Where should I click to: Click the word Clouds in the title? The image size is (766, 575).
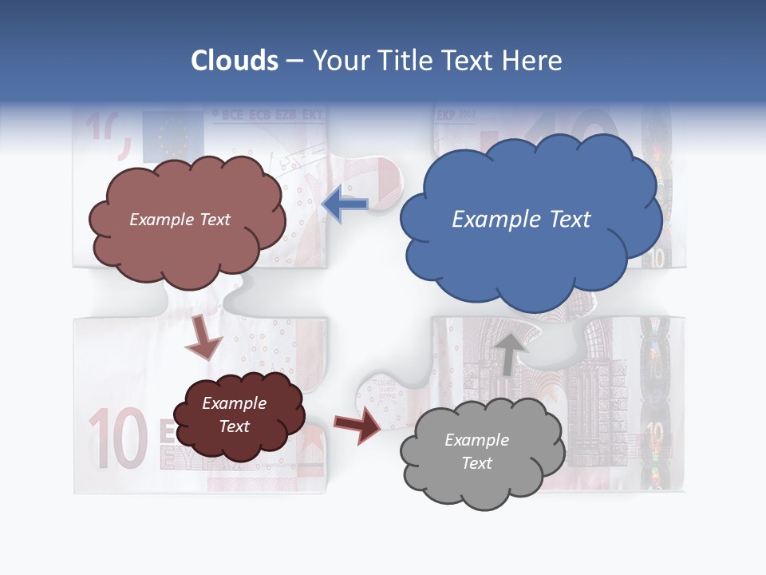[235, 61]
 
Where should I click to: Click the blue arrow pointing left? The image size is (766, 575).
[345, 204]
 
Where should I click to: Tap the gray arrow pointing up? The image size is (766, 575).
[510, 353]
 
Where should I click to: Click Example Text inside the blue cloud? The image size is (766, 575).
[521, 220]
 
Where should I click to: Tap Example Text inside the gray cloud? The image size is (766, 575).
[476, 451]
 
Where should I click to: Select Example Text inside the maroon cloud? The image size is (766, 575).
[235, 414]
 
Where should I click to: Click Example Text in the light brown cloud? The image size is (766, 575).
[180, 220]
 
